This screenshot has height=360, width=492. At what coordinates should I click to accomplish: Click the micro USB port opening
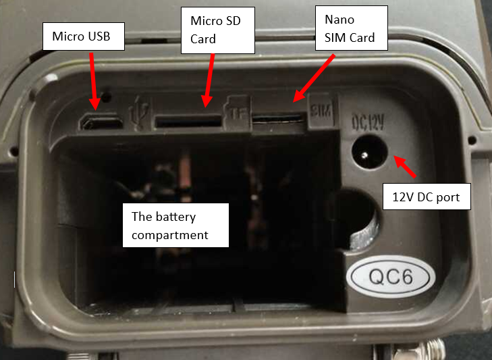click(101, 122)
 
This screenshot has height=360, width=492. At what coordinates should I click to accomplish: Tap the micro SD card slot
click(188, 122)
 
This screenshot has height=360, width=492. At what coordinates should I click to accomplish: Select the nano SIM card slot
click(277, 120)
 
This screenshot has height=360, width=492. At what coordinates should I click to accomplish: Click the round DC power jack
click(368, 155)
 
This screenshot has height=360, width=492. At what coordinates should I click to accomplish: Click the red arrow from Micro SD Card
click(210, 79)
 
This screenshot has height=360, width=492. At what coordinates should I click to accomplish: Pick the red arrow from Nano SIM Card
click(314, 78)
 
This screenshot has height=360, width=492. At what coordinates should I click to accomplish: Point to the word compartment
click(170, 234)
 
